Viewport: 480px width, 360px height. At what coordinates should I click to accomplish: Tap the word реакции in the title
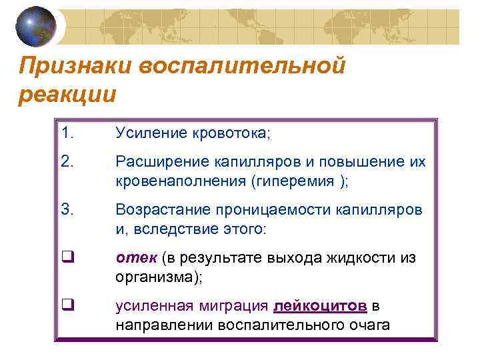click(x=67, y=94)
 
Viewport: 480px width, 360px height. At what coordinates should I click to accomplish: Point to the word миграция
click(x=233, y=306)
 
